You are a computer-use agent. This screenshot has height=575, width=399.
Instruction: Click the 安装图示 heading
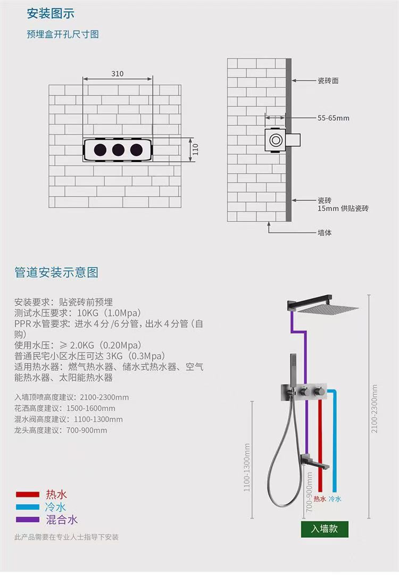coord(51,13)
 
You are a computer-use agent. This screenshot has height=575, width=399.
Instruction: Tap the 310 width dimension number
coord(118,73)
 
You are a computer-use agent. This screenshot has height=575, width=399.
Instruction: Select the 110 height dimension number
coord(195,149)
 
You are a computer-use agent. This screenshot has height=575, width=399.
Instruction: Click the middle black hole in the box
coord(118,149)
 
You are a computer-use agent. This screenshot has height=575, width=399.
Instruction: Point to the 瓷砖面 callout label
coord(328,81)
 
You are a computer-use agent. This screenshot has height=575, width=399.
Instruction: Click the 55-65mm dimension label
coord(334,118)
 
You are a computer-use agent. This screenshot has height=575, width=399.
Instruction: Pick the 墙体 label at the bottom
coord(325,232)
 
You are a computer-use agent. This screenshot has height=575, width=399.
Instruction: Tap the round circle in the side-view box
coord(276,140)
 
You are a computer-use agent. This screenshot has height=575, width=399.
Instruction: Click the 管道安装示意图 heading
coord(56,272)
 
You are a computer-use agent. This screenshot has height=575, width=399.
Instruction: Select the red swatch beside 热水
coord(27,495)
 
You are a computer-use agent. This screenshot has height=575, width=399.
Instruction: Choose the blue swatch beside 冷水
coord(27,507)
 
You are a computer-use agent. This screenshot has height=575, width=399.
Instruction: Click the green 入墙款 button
coord(324,529)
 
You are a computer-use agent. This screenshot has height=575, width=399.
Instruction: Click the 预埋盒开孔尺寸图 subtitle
coord(63,34)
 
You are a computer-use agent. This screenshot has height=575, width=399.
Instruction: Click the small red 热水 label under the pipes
coord(319,499)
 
